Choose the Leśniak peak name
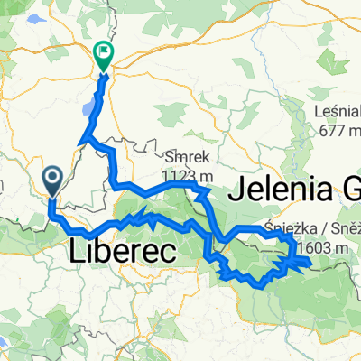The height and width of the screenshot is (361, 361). click(337, 112)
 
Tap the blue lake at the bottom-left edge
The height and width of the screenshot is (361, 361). click(5, 344)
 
